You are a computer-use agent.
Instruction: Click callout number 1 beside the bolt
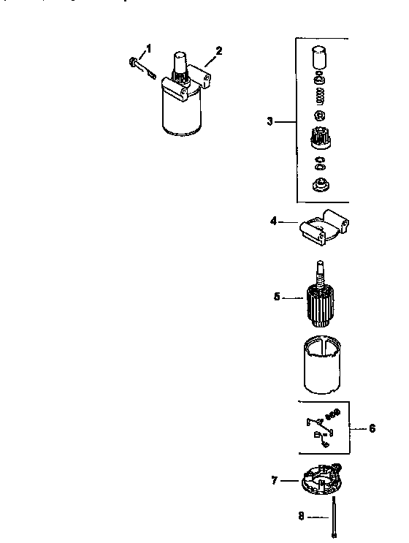click(x=148, y=48)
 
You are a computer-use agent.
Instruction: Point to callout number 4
click(x=273, y=220)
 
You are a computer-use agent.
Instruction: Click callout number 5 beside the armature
click(x=277, y=297)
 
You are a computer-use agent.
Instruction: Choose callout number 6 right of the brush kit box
click(x=372, y=428)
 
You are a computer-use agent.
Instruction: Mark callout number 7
click(x=275, y=480)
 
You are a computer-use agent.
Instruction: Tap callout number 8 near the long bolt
click(x=301, y=517)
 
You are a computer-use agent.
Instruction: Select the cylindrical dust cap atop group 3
click(x=319, y=58)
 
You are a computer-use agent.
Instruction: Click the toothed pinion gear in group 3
click(x=319, y=137)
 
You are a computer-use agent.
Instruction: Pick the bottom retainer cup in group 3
click(x=319, y=186)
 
